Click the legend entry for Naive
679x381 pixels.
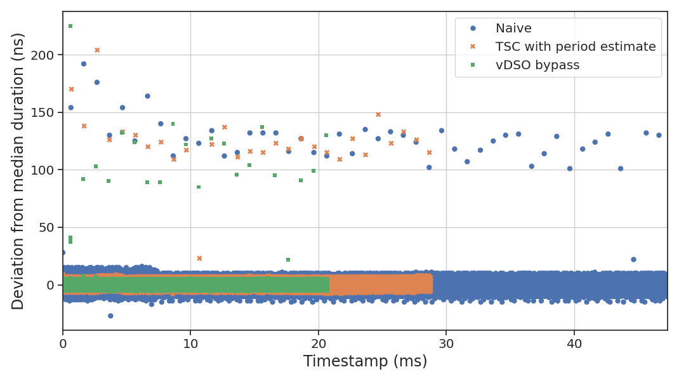[513, 29]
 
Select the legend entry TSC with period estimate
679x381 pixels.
[576, 47]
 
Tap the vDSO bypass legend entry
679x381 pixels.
[537, 65]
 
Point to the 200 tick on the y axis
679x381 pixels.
[47, 55]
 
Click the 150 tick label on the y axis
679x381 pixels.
[47, 112]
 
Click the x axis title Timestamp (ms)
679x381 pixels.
[365, 361]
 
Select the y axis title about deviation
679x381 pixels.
[18, 171]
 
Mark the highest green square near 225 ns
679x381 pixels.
[70, 26]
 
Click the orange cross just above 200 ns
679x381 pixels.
[97, 50]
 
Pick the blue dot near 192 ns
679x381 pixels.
[84, 64]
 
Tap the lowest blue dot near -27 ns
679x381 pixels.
[110, 316]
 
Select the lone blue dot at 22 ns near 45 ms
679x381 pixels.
[633, 259]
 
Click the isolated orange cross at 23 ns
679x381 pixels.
[199, 258]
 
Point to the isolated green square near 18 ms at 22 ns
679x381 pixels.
[288, 260]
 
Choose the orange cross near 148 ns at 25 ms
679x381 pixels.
[378, 115]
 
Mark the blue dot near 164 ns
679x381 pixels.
[148, 96]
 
